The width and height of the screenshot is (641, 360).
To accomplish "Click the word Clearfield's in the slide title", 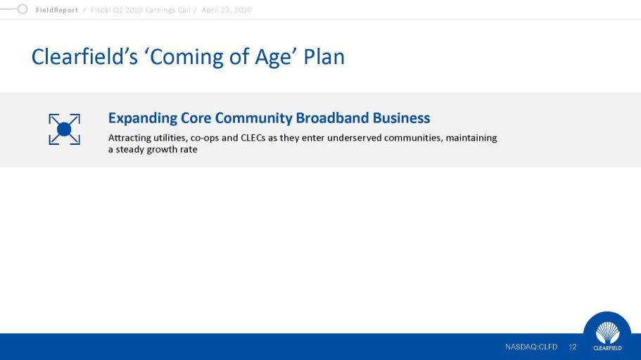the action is pyautogui.click(x=84, y=56).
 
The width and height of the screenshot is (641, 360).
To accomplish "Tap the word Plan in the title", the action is pyautogui.click(x=324, y=56).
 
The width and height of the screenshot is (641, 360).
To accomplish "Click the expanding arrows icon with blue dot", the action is pyautogui.click(x=64, y=129).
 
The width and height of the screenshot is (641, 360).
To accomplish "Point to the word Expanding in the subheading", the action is pyautogui.click(x=142, y=119).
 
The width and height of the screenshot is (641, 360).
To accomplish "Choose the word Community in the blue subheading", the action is pyautogui.click(x=253, y=119).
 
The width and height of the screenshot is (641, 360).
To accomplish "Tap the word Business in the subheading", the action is pyautogui.click(x=401, y=117).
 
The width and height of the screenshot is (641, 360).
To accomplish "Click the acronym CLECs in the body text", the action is pyautogui.click(x=253, y=138).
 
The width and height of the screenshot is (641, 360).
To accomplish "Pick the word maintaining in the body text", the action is pyautogui.click(x=471, y=138).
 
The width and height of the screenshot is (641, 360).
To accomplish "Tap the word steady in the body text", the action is pyautogui.click(x=129, y=150).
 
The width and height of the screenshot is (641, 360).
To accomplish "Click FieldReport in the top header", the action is pyautogui.click(x=57, y=11).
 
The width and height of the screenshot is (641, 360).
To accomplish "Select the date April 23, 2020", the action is pyautogui.click(x=227, y=11).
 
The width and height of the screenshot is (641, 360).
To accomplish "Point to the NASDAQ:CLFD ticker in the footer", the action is pyautogui.click(x=531, y=347).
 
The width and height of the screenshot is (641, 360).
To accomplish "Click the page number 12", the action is pyautogui.click(x=572, y=347).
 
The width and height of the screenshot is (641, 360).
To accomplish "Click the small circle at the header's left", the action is pyautogui.click(x=23, y=9).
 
